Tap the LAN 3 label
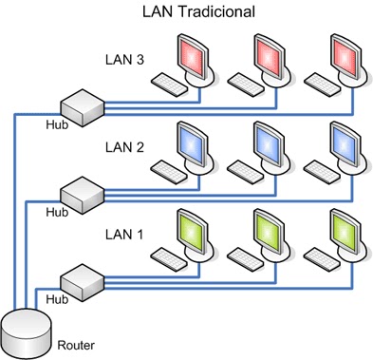coord(125,59)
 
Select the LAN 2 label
coord(125,148)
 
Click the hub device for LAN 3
coord(81,108)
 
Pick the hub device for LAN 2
coord(81,196)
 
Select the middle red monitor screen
coord(270,59)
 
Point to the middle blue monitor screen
coord(270,146)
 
